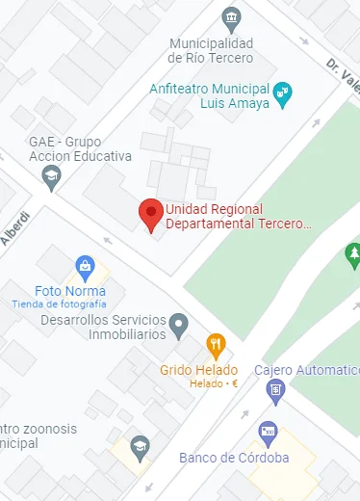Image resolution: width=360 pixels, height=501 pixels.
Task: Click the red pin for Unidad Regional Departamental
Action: coord(150,214)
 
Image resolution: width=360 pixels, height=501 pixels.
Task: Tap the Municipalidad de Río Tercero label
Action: coord(210,51)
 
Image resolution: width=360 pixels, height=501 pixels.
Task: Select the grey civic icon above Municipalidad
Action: coord(230,18)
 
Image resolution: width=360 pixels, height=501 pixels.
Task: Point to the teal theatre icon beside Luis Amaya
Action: coord(281,93)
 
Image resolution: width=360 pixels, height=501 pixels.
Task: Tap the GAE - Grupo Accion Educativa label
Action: coord(80,149)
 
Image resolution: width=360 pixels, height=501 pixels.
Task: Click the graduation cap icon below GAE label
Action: coord(51,175)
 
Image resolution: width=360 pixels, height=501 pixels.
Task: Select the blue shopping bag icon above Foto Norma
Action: coord(85,265)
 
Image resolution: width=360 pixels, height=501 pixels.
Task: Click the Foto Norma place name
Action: coord(70,291)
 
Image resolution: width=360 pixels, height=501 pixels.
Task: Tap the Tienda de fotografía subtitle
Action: coord(59,304)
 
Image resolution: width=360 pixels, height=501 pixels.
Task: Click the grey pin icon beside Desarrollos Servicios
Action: coord(178,326)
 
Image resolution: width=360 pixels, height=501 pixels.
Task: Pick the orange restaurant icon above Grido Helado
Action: coord(218,344)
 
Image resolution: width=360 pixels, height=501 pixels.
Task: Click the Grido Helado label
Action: coord(199,370)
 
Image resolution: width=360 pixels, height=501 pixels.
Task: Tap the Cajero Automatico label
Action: coord(307,370)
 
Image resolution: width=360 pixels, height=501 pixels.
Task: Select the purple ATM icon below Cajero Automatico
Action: coord(276,390)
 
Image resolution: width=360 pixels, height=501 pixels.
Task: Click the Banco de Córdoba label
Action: coord(234,458)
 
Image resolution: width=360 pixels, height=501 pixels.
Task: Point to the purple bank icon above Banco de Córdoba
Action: coord(269,432)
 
